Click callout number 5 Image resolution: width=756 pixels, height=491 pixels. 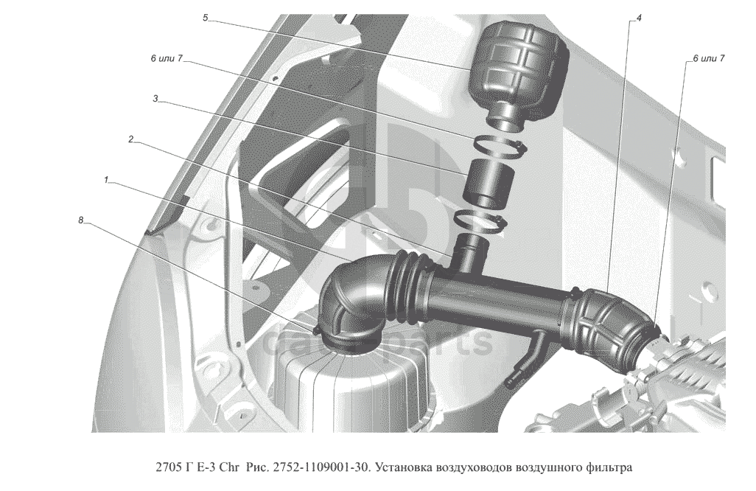pyautogui.click(x=206, y=18)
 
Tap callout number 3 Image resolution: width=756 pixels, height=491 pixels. pyautogui.click(x=155, y=98)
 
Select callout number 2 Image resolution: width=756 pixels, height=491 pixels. pyautogui.click(x=130, y=139)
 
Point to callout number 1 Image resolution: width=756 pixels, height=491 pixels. pyautogui.click(x=106, y=180)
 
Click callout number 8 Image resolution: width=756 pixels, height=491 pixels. pyautogui.click(x=81, y=220)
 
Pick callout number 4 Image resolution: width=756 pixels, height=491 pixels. pyautogui.click(x=639, y=18)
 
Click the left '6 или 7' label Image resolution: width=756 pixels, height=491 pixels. pyautogui.click(x=167, y=58)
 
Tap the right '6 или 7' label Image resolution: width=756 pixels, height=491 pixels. pyautogui.click(x=709, y=58)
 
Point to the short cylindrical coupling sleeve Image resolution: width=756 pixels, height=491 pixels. pyautogui.click(x=488, y=186)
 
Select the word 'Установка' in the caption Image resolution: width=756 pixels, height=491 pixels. pyautogui.click(x=404, y=467)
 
